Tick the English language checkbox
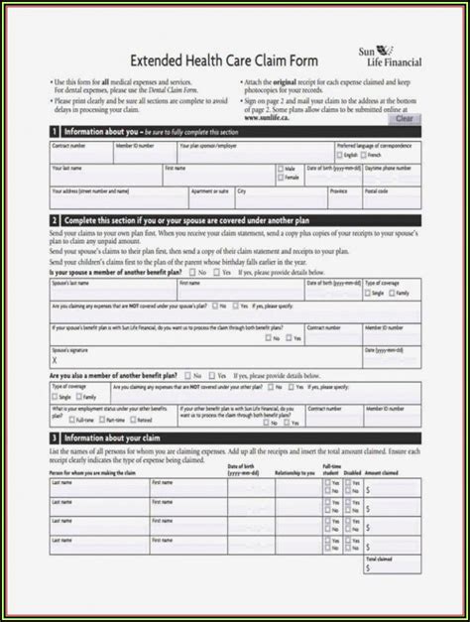tap(342, 155)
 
